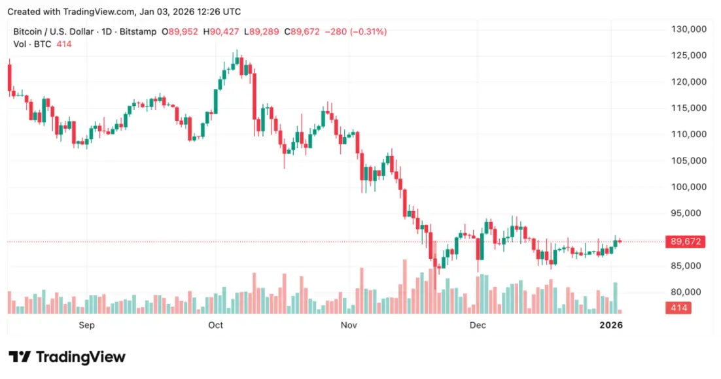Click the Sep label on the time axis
(x=87, y=325)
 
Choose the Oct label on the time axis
(x=215, y=325)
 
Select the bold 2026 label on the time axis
(x=611, y=325)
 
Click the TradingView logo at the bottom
(x=67, y=357)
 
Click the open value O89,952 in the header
(x=180, y=31)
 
